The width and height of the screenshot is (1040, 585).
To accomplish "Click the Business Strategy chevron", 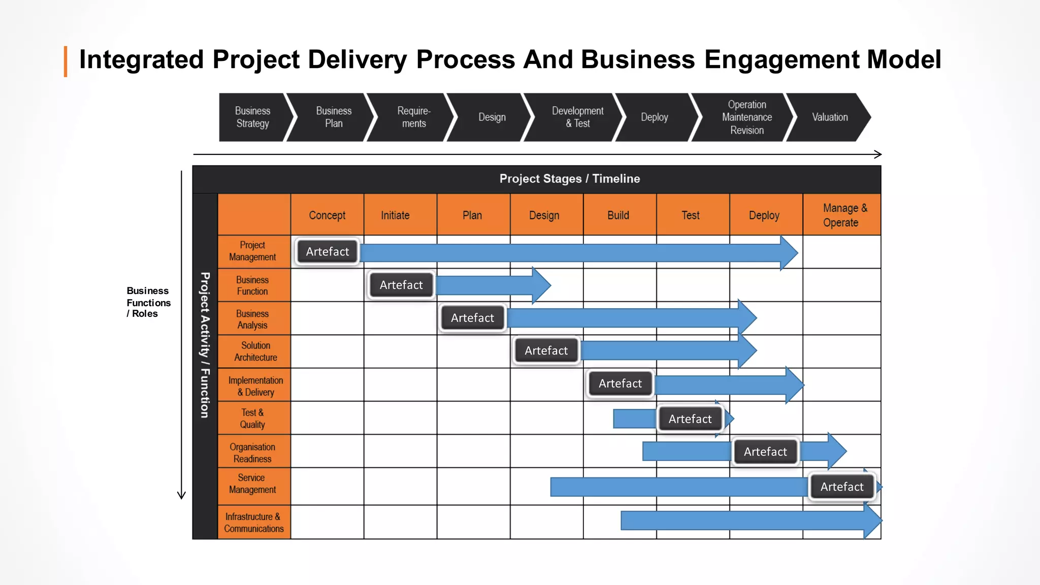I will (252, 117).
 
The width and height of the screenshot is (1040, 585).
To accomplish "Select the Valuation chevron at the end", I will (830, 117).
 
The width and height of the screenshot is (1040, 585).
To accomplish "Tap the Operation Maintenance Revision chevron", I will (746, 117).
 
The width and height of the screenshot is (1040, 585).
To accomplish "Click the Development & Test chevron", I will (577, 117).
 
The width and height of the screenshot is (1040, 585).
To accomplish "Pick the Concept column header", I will (327, 215).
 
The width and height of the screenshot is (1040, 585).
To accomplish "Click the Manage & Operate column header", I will (841, 215).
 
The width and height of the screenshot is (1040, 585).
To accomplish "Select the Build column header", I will (618, 215).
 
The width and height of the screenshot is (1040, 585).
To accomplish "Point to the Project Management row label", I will (252, 251).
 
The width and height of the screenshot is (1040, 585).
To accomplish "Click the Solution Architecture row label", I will (255, 351).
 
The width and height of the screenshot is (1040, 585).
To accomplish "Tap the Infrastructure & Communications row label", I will (253, 523).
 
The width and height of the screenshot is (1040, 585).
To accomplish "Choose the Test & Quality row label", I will (252, 418).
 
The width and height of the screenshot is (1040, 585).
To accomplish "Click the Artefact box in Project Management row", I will (327, 252).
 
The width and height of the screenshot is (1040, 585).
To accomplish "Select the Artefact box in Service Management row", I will (841, 487).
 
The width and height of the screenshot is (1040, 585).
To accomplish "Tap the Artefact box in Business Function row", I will (401, 285).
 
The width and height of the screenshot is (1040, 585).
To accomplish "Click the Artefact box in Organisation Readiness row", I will (765, 452).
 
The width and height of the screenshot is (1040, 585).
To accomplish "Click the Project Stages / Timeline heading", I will (569, 179).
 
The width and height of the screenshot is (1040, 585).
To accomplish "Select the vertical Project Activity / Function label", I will (205, 345).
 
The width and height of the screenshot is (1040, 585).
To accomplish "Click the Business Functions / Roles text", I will (148, 302).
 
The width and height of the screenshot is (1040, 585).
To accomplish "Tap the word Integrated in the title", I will (141, 60).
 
